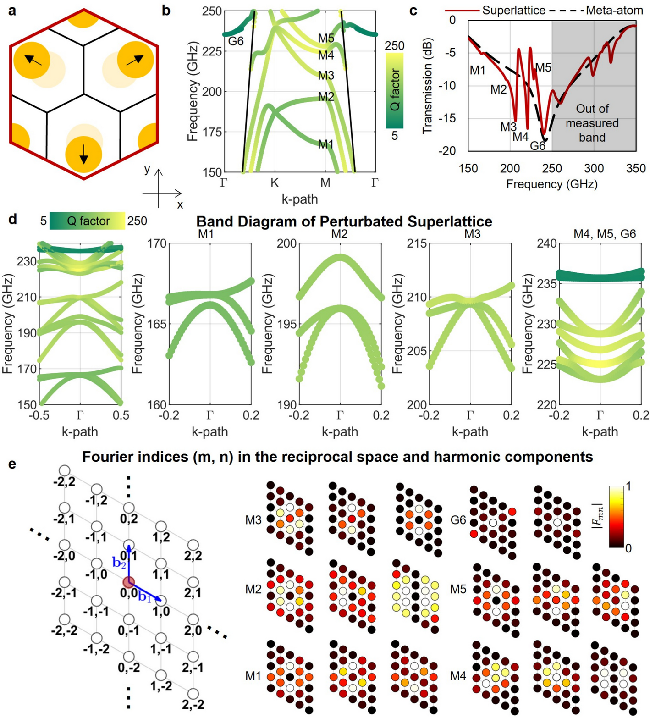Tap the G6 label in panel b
(236, 41)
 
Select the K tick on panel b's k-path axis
(274, 183)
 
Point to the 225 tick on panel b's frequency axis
(212, 51)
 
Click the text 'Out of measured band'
(592, 123)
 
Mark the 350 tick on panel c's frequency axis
(636, 168)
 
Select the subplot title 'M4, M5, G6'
(605, 234)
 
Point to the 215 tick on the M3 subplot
(417, 243)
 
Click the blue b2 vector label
(119, 563)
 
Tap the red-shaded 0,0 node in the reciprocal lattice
(128, 582)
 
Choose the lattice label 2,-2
(193, 705)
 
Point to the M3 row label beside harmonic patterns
(253, 520)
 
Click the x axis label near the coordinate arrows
(180, 205)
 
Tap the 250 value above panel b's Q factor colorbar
(394, 46)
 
